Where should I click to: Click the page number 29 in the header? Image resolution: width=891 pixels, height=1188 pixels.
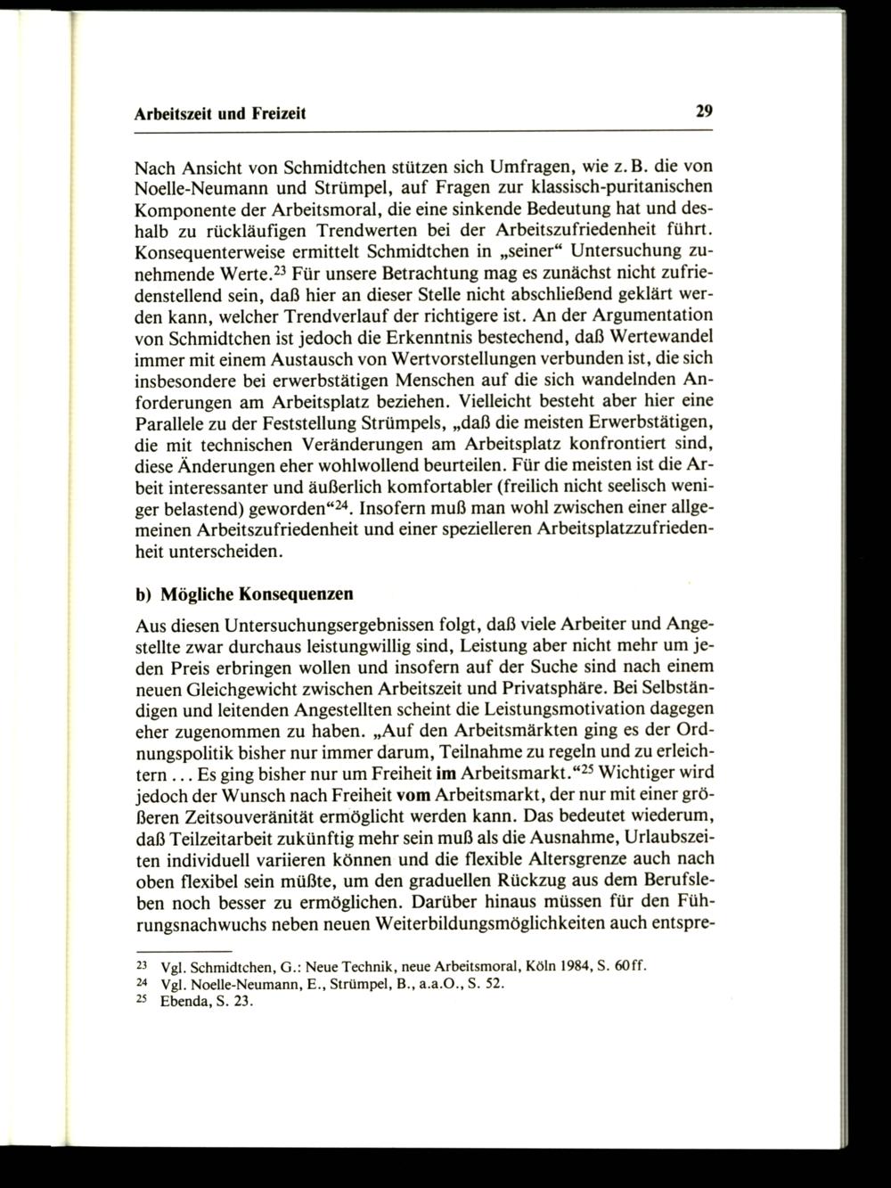[x=704, y=112]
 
